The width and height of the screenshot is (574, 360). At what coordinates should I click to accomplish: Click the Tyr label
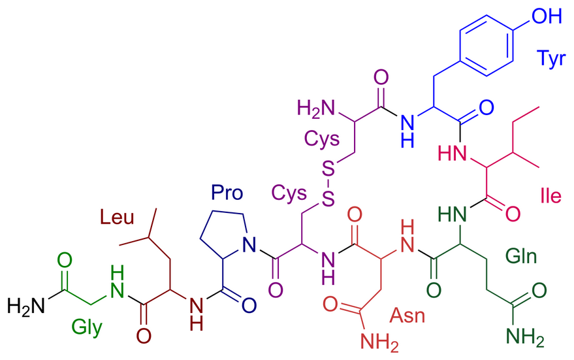pos(552,57)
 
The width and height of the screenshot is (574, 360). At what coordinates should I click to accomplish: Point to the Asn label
pos(407,316)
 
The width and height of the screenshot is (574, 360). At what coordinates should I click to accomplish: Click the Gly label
pos(87,327)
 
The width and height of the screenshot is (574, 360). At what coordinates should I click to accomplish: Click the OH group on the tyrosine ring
pos(548,15)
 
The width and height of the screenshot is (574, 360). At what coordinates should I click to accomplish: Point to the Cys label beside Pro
pos(290,194)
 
